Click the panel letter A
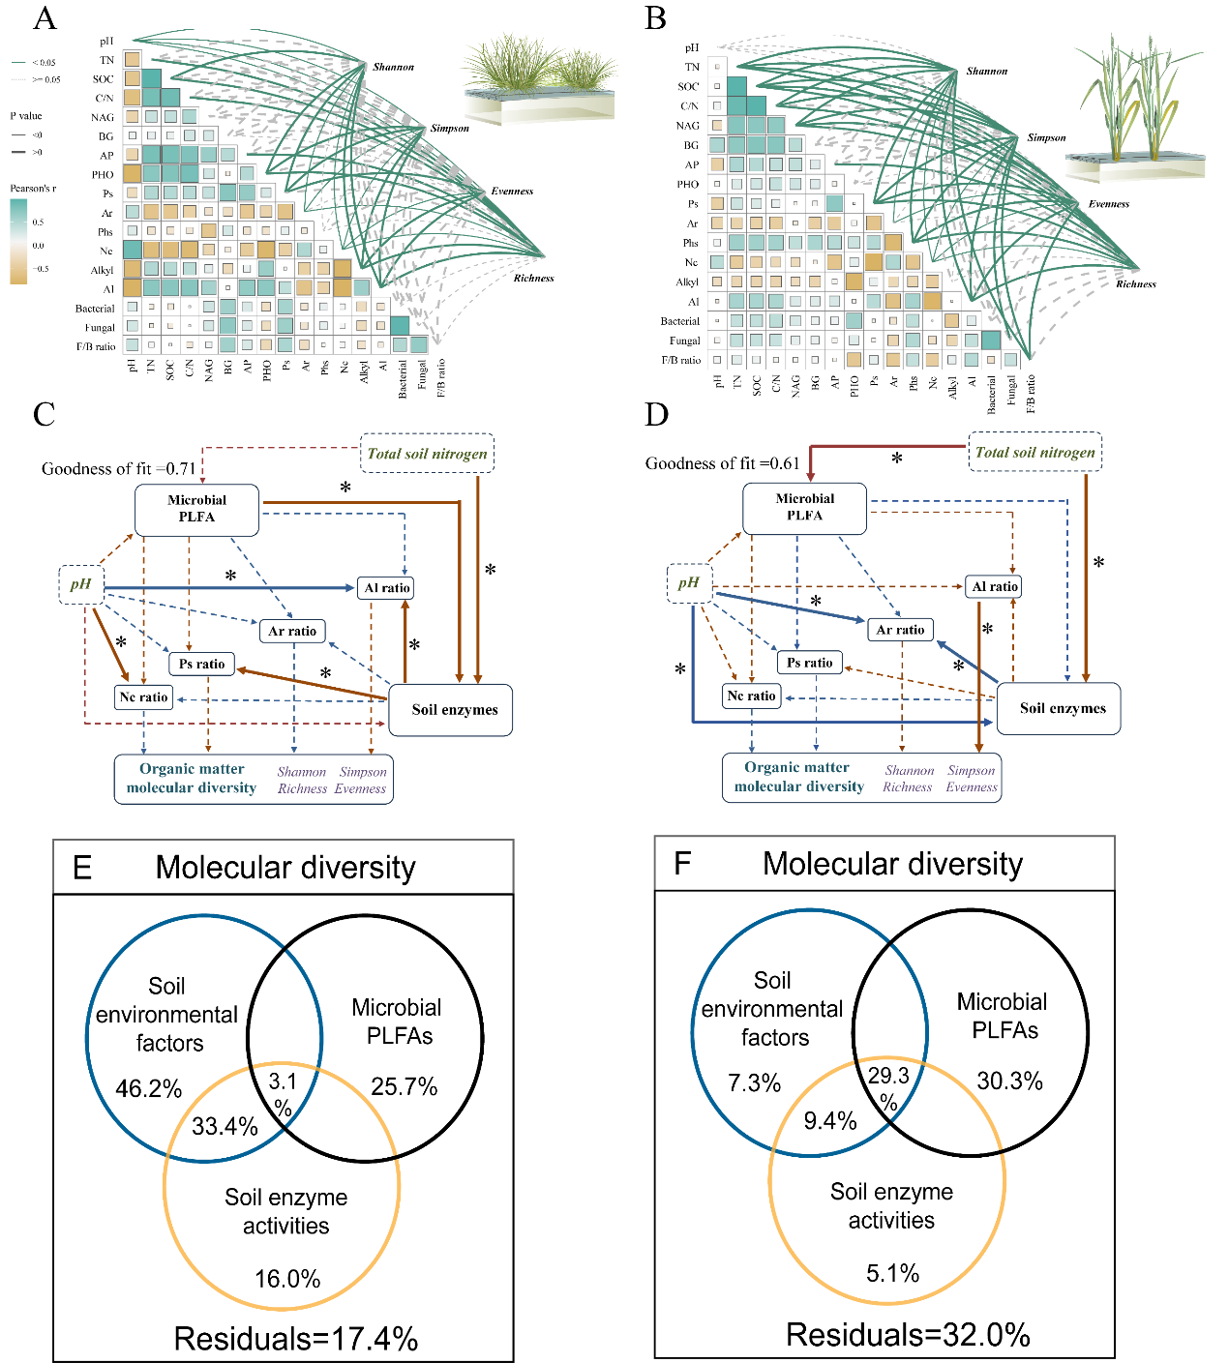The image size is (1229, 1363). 45,19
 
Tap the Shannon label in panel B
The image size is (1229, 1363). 986,71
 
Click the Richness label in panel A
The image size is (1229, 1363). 533,278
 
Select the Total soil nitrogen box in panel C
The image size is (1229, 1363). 427,453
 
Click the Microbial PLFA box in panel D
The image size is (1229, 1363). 804,508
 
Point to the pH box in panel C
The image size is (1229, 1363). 81,584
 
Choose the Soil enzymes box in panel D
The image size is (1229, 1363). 1062,708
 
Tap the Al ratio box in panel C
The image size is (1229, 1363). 386,587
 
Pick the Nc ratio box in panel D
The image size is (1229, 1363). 751,696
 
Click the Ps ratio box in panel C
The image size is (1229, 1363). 201,664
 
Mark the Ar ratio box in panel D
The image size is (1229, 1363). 900,630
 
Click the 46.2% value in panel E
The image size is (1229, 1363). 148,1088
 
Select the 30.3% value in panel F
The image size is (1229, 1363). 1009,1081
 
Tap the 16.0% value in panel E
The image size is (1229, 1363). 287,1278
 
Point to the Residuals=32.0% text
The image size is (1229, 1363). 907,1335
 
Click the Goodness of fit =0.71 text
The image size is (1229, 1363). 118,469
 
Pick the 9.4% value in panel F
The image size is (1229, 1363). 829,1120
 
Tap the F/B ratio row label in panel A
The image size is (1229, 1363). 96,346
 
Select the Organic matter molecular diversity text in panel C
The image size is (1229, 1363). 192,779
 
